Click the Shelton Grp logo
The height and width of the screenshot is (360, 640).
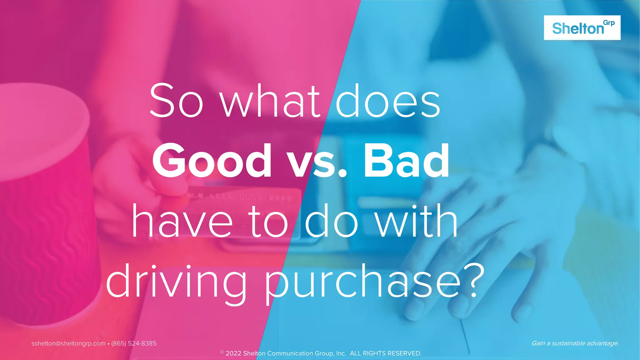coord(582,27)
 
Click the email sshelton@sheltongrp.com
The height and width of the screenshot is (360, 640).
coord(68,343)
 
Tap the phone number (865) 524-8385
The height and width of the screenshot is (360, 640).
coord(134,343)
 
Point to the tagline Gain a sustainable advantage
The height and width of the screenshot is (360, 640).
coord(575,343)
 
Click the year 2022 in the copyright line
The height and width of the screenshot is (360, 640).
coord(233,353)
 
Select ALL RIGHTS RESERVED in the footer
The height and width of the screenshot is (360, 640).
coord(386,353)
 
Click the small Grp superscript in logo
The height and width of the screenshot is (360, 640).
coord(609,23)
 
